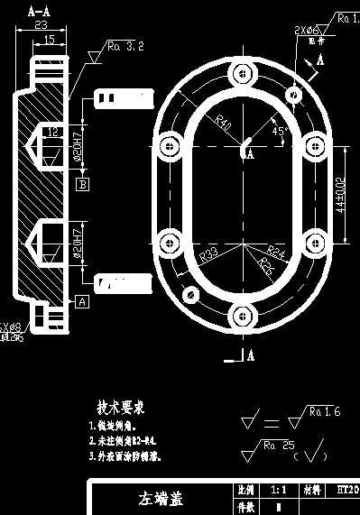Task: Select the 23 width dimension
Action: [x=40, y=26]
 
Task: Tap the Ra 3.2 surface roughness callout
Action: [x=125, y=46]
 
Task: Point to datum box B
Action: [x=82, y=184]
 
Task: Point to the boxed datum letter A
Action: [x=81, y=302]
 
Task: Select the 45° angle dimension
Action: [x=279, y=132]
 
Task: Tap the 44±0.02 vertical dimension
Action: [x=341, y=192]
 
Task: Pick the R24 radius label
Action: [x=275, y=253]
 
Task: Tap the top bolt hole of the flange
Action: [x=241, y=82]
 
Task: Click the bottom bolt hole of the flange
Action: [x=241, y=316]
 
